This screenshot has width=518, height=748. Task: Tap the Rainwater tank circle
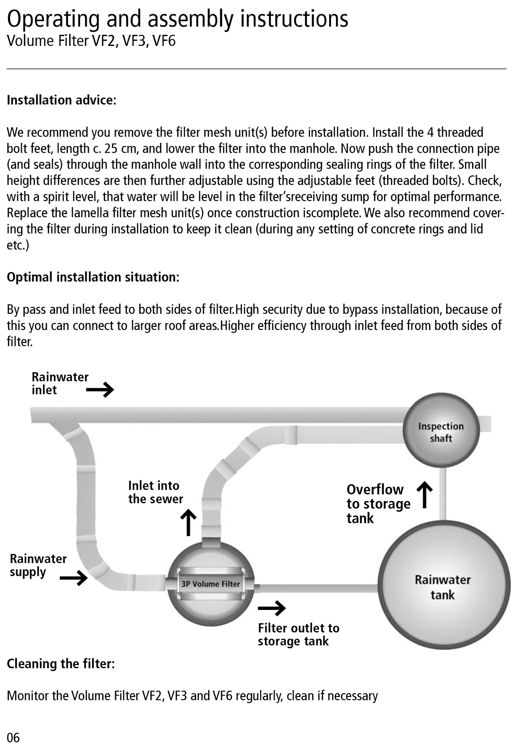click(443, 587)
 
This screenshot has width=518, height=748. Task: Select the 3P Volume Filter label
click(210, 584)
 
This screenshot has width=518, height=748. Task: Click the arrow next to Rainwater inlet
click(100, 390)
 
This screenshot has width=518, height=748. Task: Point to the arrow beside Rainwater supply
click(73, 578)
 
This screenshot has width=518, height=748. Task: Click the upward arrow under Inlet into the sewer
click(188, 523)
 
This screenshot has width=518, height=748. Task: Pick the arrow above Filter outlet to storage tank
click(272, 608)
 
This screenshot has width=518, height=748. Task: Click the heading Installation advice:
click(62, 100)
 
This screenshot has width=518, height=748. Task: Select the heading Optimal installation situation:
click(93, 277)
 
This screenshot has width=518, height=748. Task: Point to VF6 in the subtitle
click(164, 41)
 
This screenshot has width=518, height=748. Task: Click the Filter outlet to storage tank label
click(298, 634)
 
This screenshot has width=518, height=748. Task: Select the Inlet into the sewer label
click(156, 492)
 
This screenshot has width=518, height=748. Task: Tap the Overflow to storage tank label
click(378, 504)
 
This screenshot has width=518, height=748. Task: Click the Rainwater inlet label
click(60, 383)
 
